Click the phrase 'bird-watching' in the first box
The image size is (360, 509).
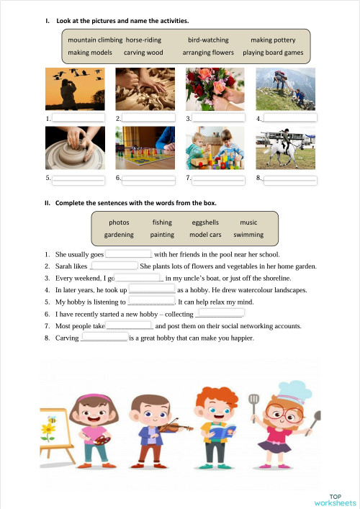click(208, 40)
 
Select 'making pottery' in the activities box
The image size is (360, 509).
click(273, 40)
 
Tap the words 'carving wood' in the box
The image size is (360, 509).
click(143, 53)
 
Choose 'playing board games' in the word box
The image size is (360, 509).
click(273, 53)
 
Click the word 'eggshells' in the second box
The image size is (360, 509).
click(205, 222)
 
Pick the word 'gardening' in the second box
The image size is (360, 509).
click(119, 235)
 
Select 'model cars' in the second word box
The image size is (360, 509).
click(205, 235)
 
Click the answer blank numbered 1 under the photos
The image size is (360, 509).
click(78, 117)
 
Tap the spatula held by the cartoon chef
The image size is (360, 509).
click(253, 403)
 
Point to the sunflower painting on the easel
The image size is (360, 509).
click(48, 431)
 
